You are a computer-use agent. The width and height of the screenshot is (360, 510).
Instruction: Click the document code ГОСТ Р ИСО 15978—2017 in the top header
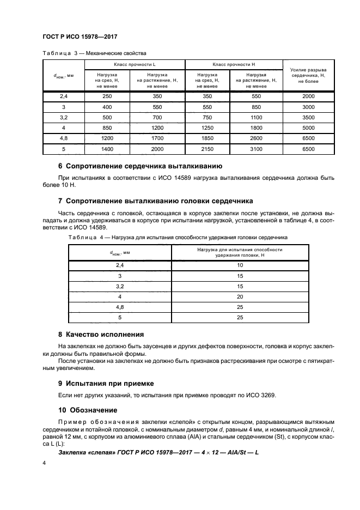tap(81, 37)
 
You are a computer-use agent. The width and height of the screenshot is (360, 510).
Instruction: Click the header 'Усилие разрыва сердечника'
tap(307, 75)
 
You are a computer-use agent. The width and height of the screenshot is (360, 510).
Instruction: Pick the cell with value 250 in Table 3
tap(107, 96)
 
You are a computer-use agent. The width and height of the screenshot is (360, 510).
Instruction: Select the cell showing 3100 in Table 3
tap(255, 148)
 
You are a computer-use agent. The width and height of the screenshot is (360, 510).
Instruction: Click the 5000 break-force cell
tap(307, 127)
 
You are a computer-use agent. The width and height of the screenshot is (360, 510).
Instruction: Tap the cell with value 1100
tap(255, 117)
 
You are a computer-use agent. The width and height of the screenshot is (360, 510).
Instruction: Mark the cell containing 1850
tap(206, 138)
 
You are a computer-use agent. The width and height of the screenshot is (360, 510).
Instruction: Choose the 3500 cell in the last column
tap(307, 117)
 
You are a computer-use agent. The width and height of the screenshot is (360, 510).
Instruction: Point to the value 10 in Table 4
tap(240, 265)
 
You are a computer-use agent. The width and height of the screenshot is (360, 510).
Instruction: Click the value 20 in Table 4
tap(240, 296)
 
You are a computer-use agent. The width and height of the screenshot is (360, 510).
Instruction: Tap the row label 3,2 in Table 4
tap(120, 286)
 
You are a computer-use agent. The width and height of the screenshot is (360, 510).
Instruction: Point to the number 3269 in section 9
tap(267, 396)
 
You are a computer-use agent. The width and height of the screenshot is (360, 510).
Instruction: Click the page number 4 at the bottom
tap(45, 463)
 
